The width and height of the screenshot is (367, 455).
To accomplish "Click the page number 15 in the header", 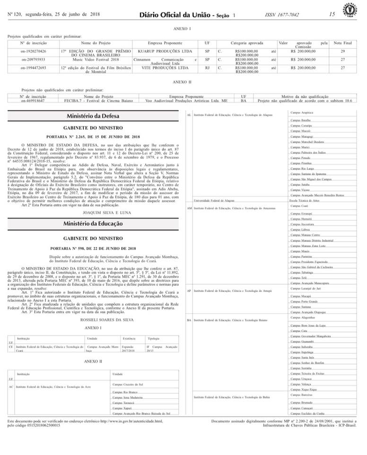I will coord(332,14).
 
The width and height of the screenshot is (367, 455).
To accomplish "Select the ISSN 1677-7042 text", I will coord(282,15).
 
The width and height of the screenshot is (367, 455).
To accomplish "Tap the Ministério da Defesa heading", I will coord(93,116).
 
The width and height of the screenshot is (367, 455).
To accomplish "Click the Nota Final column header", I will coord(343,43).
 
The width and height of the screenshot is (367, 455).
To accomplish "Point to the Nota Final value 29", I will coord(343,51).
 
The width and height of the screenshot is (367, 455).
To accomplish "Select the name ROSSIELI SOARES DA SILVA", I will coord(93,320).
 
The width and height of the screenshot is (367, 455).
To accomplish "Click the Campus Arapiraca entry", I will coord(301,112).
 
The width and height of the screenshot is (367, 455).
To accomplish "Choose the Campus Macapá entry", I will coord(298,296).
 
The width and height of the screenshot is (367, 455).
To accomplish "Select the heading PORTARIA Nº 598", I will coord(93,248).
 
